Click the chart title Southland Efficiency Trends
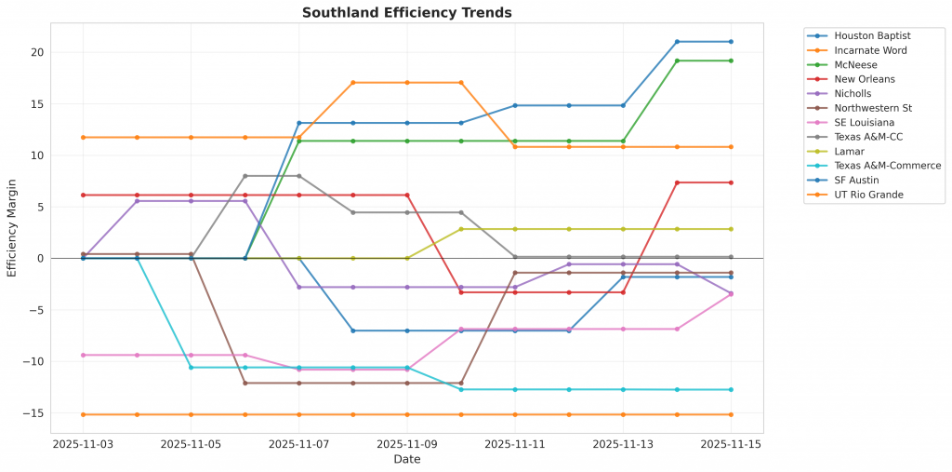pos(407,13)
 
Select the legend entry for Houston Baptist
pos(859,35)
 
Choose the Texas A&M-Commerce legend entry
pos(874,166)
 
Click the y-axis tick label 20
pos(35,52)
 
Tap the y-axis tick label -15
pos(33,413)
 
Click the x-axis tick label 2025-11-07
pos(299,445)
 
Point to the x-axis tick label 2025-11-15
pos(730,445)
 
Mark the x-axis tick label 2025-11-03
pos(84,445)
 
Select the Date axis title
pos(406,460)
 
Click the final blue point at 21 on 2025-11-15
pos(731,42)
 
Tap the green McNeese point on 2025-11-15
pos(731,61)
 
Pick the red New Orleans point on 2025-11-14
pos(677,182)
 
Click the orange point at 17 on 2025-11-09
pos(407,83)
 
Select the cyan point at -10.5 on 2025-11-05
pos(192,368)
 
